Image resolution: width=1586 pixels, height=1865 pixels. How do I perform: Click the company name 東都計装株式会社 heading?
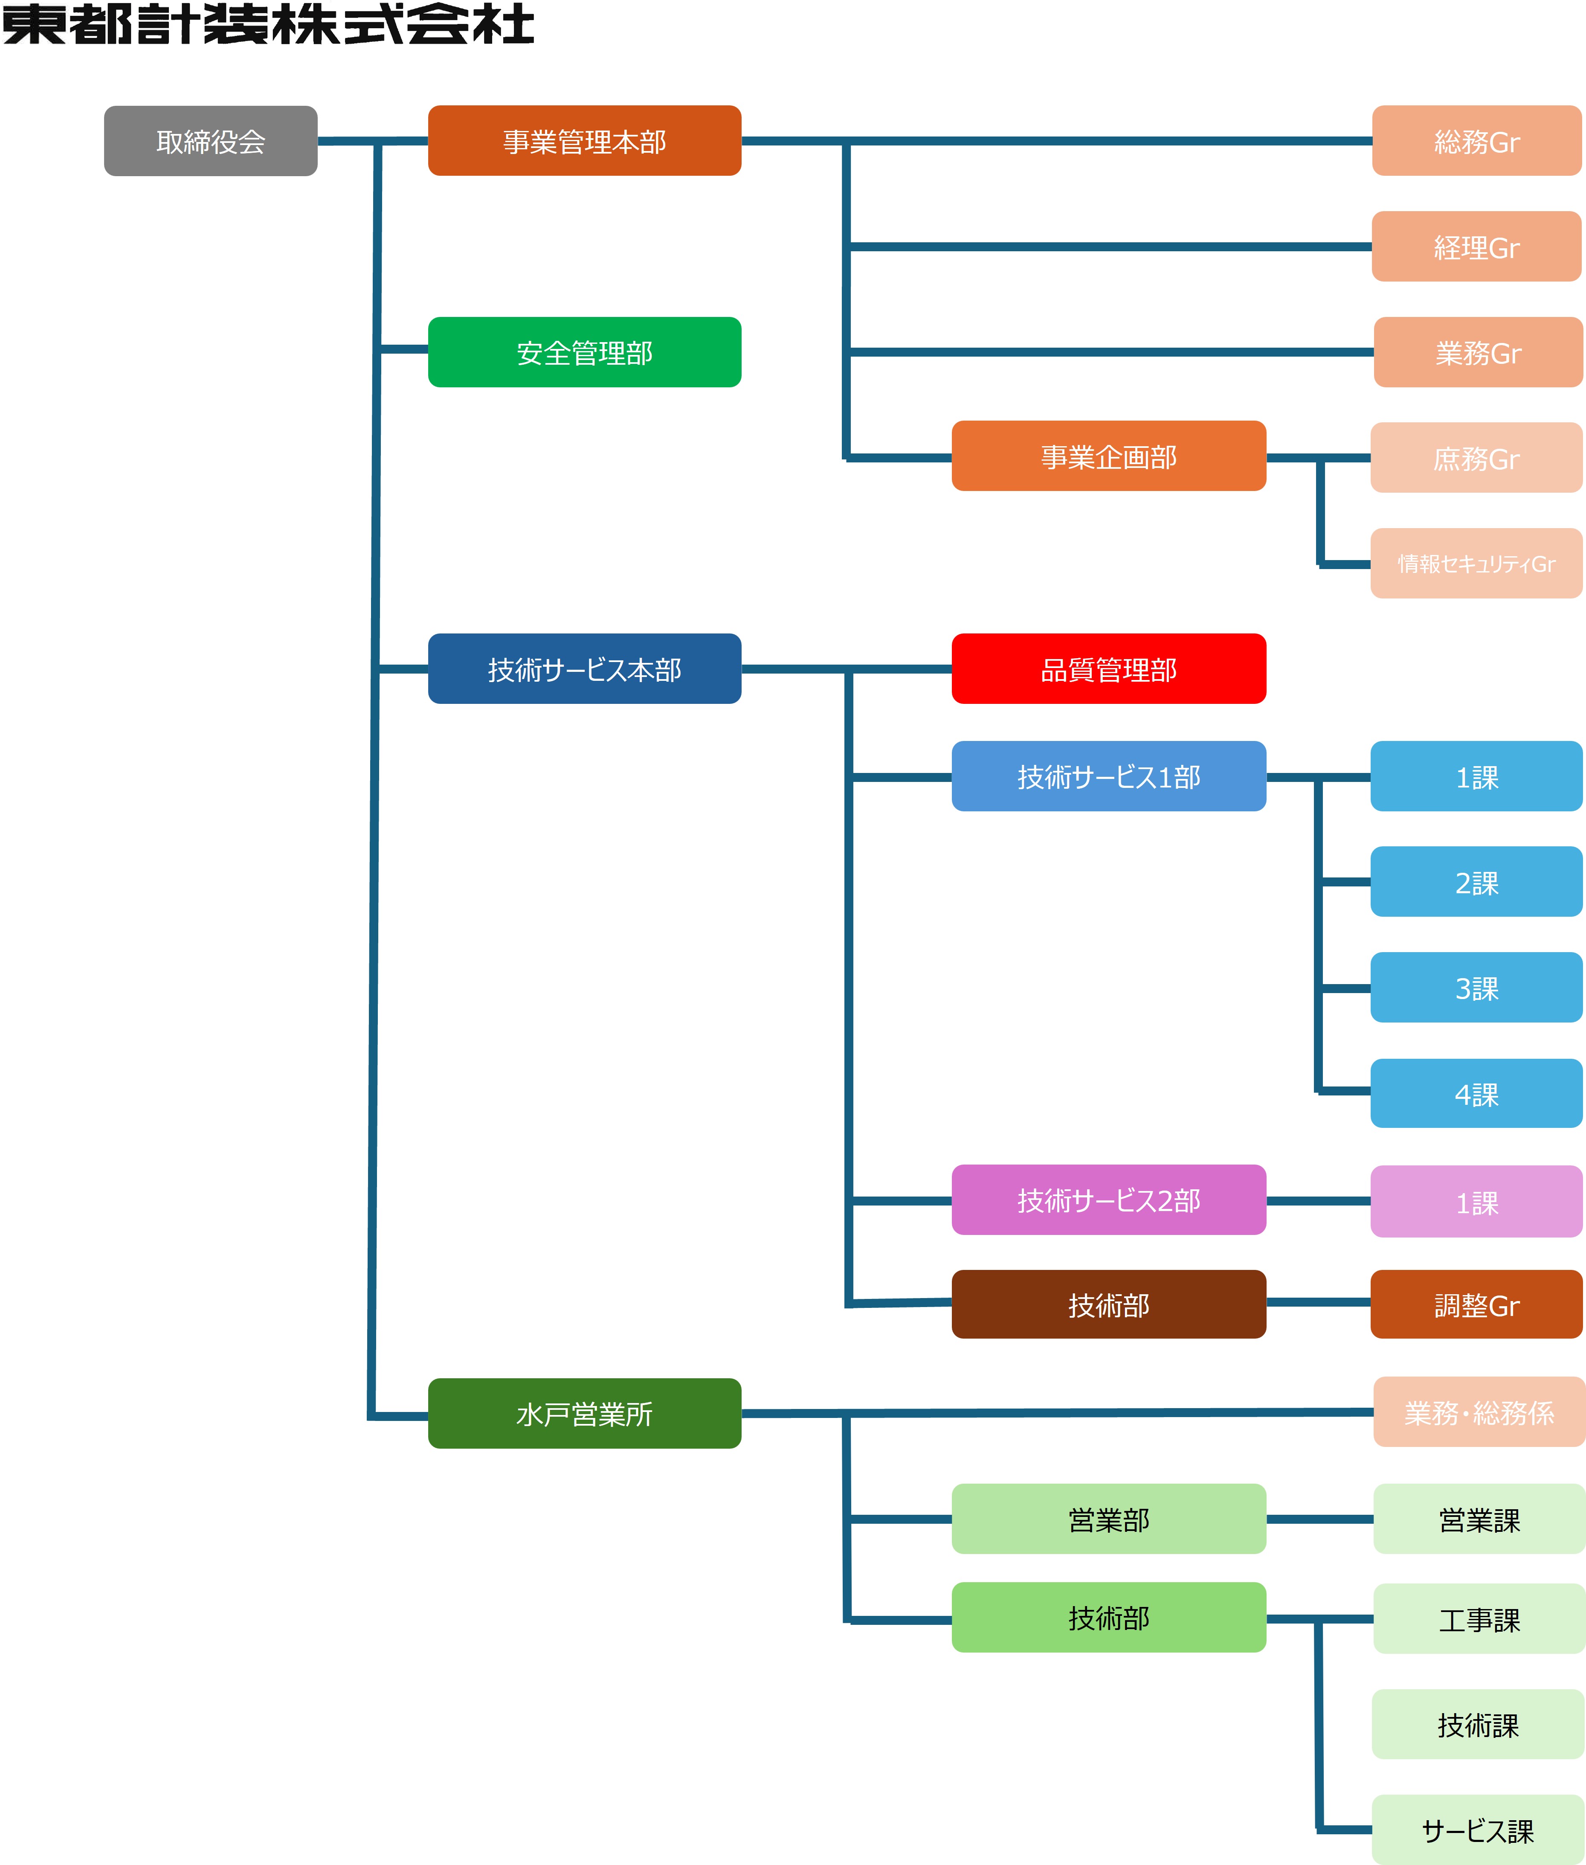(268, 24)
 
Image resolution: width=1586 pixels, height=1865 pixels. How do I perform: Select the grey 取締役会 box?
(210, 141)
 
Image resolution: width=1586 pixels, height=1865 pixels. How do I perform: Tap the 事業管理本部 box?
(584, 141)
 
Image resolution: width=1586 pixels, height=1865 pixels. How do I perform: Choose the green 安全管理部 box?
(584, 352)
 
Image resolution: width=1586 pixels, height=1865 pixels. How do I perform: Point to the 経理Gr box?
(1476, 247)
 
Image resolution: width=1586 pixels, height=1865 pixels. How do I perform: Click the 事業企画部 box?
(1109, 457)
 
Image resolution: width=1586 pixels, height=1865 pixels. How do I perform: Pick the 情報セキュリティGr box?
(1476, 564)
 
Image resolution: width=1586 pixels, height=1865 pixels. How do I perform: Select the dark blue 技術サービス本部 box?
(584, 669)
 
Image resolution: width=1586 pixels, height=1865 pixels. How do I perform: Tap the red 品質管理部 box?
(1109, 669)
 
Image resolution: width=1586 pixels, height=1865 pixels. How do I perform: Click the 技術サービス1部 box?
(1109, 776)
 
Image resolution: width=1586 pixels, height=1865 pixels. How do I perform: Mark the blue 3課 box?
(1476, 988)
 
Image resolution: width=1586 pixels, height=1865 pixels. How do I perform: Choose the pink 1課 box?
(1476, 1201)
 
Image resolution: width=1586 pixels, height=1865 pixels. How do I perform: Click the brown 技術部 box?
(1109, 1305)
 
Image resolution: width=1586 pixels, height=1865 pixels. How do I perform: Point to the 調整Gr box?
(1476, 1305)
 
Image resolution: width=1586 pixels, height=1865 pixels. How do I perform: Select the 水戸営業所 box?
(584, 1414)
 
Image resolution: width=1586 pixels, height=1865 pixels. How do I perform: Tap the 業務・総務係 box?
(1479, 1413)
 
